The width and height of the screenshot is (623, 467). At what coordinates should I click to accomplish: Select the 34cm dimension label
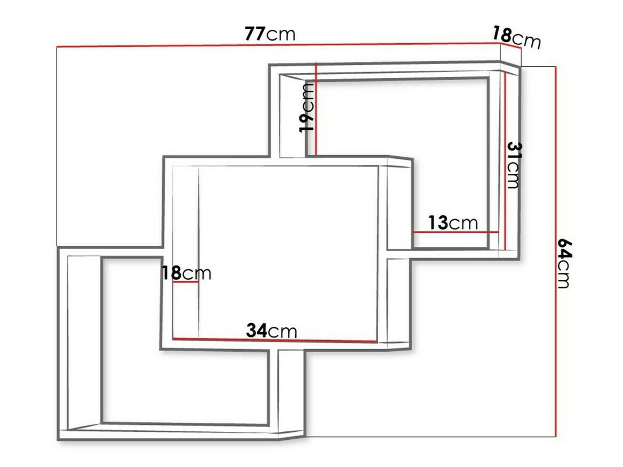point(271,331)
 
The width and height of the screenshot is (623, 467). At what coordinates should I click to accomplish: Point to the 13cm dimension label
point(453,223)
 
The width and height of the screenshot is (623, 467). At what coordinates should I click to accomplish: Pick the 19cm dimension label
point(307,108)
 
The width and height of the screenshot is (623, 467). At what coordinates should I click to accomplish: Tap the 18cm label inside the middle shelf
point(186,273)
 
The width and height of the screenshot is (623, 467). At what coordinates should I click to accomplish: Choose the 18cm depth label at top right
point(516,38)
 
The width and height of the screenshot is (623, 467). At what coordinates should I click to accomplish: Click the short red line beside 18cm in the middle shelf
point(186,282)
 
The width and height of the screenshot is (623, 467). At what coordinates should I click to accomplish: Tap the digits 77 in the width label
point(255,34)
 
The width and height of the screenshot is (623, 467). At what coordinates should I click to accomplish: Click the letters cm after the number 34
point(282,332)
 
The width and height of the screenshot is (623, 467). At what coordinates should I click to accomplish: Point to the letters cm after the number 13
point(464,223)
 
